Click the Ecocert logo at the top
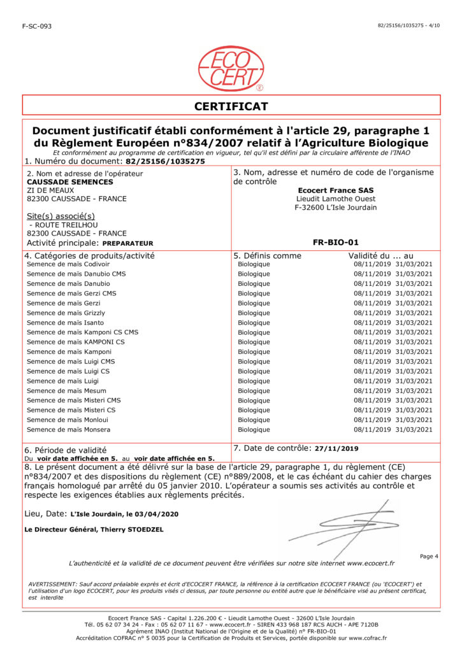click(231, 68)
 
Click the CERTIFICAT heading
click(231, 106)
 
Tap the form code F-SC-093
click(37, 26)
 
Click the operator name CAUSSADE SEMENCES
click(62, 181)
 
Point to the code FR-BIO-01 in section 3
click(336, 243)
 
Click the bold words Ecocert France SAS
click(336, 190)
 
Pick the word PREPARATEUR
click(128, 243)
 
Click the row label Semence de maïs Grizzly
click(66, 313)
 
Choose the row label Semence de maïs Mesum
click(67, 390)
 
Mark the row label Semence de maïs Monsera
click(69, 430)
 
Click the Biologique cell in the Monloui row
click(254, 420)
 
